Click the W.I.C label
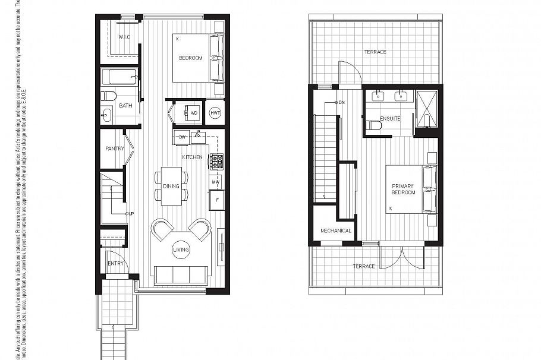coord(124,37)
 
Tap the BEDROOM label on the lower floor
coord(191,58)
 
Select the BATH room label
coord(125,106)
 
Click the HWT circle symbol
coord(215,113)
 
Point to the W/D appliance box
coord(193,113)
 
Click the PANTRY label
coord(114,149)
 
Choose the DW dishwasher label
coord(183,138)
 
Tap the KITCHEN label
coord(192,157)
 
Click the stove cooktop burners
coord(216,161)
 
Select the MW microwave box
coord(216,181)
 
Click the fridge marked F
coord(216,200)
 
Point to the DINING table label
coord(171,187)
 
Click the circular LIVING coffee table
coord(181,250)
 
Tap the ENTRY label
coord(115,263)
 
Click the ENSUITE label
coord(390,118)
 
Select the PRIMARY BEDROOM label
coord(403,190)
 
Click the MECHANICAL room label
coord(336,230)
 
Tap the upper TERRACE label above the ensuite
coord(375,52)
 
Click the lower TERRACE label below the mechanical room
coord(363,266)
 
